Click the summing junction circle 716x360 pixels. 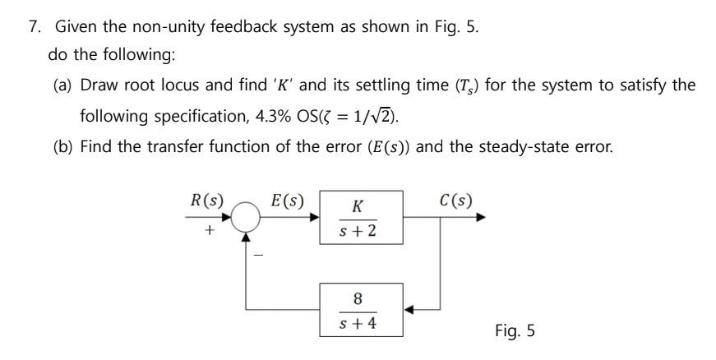[x=246, y=218]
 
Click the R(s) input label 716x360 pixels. [x=206, y=200]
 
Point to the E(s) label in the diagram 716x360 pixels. [x=287, y=200]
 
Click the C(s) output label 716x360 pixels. [x=455, y=200]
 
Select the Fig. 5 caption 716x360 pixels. [x=515, y=330]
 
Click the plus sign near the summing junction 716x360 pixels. [x=210, y=232]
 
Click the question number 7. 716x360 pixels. [x=34, y=26]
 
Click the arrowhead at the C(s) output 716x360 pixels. [x=492, y=218]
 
